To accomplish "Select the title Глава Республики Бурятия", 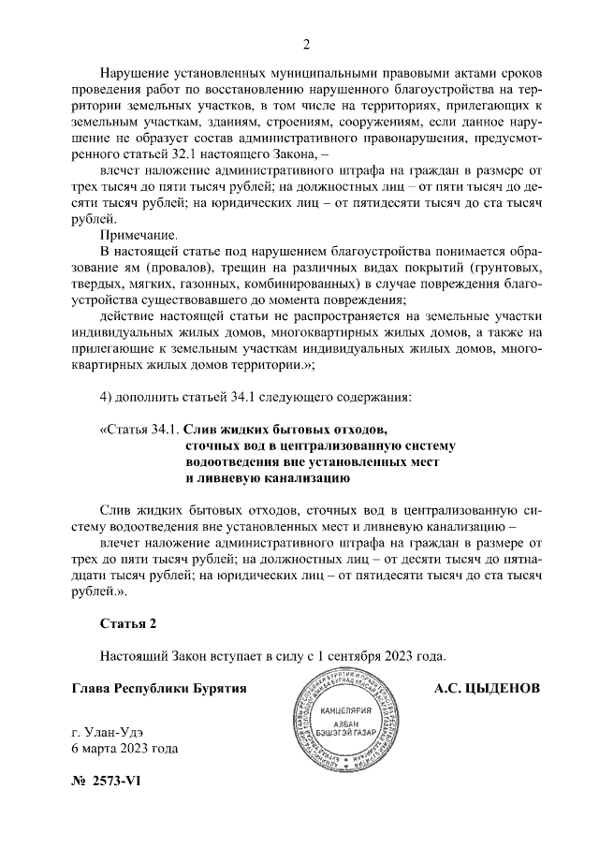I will (159, 688).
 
